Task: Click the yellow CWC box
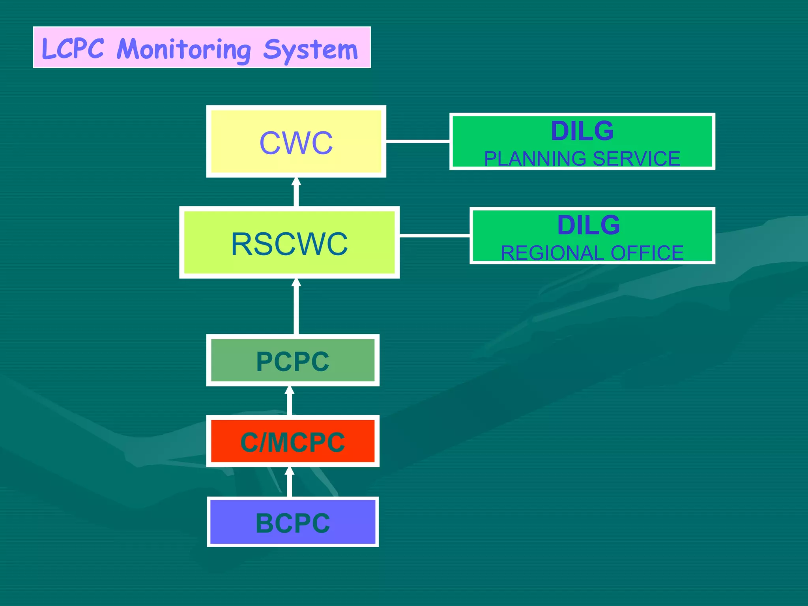coord(296,142)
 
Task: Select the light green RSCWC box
coord(289,243)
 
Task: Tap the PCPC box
coord(292,361)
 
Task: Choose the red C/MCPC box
coord(292,441)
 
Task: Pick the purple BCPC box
coord(292,522)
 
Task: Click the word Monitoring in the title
coord(183,49)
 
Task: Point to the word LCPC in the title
coord(73,49)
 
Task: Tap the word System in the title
coord(310,50)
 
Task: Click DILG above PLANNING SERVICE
coord(582,131)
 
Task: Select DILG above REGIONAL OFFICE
coord(588,225)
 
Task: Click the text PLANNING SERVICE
coord(582,159)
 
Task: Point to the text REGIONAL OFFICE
coord(592,253)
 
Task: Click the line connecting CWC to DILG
coord(417,140)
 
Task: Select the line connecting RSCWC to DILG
coord(434,236)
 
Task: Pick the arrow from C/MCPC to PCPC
coord(290,401)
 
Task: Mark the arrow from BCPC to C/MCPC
coord(290,482)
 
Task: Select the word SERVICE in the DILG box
coord(636,159)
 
